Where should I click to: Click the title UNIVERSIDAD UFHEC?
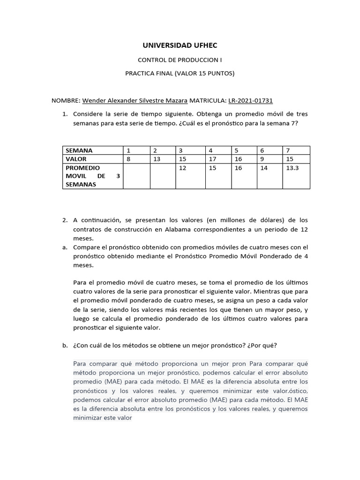[180, 45]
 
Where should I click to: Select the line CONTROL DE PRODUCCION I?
[180, 60]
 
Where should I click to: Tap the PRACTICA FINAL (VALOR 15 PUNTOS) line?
[180, 73]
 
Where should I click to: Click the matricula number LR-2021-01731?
[250, 100]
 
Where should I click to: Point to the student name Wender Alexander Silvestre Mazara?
[135, 100]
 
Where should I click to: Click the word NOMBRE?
[65, 100]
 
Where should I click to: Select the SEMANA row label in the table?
[79, 150]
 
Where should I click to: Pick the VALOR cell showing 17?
[212, 159]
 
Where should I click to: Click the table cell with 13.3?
[292, 168]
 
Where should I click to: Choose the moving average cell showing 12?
[182, 168]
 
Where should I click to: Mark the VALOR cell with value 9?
[262, 159]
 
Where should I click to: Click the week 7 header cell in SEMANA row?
[288, 150]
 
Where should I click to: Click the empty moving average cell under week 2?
[161, 176]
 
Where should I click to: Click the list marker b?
[65, 345]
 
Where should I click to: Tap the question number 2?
[65, 220]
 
